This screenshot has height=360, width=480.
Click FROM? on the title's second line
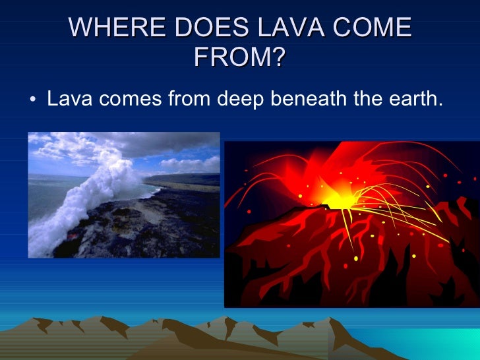point(240,57)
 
